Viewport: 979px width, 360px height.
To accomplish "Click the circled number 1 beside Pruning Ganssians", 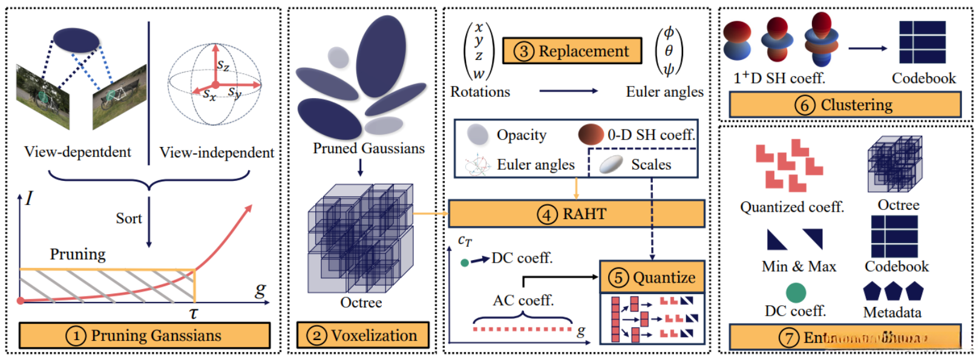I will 76,336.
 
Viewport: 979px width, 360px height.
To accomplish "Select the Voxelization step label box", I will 362,335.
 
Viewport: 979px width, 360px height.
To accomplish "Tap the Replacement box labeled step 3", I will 572,51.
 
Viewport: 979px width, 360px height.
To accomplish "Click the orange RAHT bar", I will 576,214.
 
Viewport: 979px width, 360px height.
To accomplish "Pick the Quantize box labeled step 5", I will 652,277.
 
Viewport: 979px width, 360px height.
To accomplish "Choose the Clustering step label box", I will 845,105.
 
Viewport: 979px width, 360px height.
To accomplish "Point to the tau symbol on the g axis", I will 194,313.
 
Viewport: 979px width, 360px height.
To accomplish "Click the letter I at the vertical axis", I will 29,198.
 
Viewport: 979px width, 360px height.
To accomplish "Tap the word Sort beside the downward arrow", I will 129,218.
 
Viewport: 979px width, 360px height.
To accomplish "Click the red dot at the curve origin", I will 21,300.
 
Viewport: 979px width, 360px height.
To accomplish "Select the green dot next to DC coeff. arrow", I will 465,263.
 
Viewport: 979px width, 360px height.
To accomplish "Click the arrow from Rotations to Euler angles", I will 568,91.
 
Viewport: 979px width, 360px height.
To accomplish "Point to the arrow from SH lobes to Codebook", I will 868,48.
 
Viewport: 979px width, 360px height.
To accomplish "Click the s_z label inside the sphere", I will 223,65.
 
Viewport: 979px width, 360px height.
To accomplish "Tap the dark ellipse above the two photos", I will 76,40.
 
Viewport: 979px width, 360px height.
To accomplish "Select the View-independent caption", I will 217,152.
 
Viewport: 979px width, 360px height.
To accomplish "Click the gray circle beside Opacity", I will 477,134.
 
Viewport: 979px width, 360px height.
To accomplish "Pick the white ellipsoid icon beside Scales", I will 611,164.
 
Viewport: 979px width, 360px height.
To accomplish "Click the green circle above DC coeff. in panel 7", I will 796,293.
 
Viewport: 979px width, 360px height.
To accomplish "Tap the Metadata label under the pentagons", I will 892,313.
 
